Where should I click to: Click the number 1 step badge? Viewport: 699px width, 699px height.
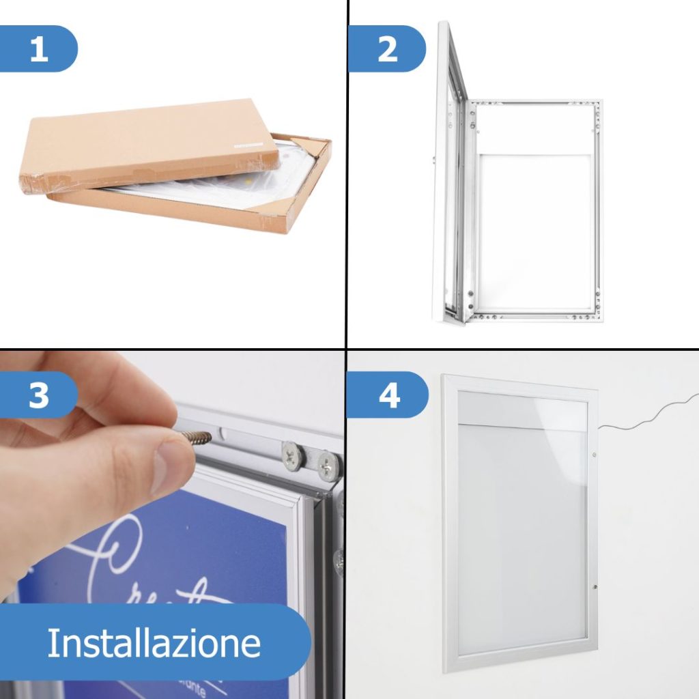pyautogui.click(x=39, y=49)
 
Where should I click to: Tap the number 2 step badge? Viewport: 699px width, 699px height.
pyautogui.click(x=387, y=49)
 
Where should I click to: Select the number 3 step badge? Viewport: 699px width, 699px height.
pyautogui.click(x=39, y=395)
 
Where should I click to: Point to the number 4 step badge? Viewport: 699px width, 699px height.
pyautogui.click(x=388, y=395)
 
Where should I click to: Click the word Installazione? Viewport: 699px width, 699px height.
pyautogui.click(x=154, y=643)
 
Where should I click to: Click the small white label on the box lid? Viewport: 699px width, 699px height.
pyautogui.click(x=247, y=145)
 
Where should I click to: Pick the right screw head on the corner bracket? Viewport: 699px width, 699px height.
pyautogui.click(x=328, y=466)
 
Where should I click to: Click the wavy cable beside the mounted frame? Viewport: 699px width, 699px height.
pyautogui.click(x=648, y=416)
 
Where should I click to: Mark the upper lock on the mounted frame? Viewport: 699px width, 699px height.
pyautogui.click(x=594, y=454)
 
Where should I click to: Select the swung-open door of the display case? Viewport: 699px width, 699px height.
pyautogui.click(x=451, y=177)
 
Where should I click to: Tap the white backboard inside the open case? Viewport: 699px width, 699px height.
pyautogui.click(x=536, y=232)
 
